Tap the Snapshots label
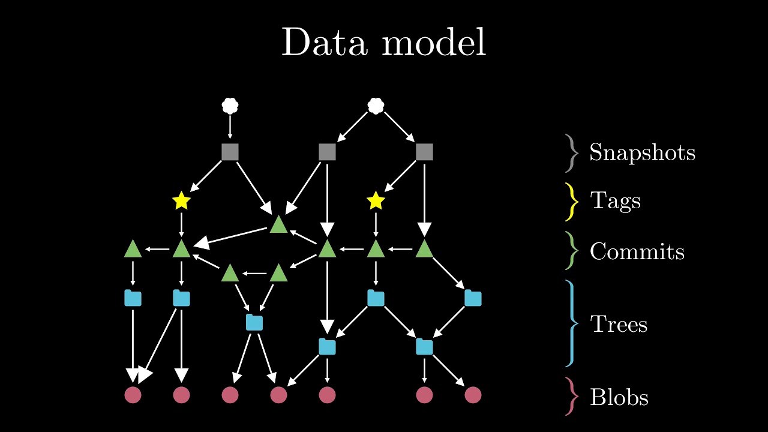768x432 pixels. pyautogui.click(x=642, y=152)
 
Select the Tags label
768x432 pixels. pyautogui.click(x=616, y=200)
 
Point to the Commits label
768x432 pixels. pyautogui.click(x=637, y=251)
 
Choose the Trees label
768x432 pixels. pyautogui.click(x=619, y=324)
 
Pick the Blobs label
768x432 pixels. pyautogui.click(x=619, y=397)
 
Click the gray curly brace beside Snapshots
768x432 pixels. pyautogui.click(x=573, y=153)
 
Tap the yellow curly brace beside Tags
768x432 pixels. pyautogui.click(x=573, y=201)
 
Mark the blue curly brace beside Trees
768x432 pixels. pyautogui.click(x=573, y=324)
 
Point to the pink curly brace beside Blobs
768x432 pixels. pyautogui.click(x=573, y=396)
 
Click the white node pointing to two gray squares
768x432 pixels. pyautogui.click(x=376, y=106)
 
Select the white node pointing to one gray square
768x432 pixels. pyautogui.click(x=230, y=106)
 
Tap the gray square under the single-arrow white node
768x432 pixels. pyautogui.click(x=230, y=152)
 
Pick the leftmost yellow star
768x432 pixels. pyautogui.click(x=181, y=202)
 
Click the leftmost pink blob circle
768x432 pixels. pyautogui.click(x=133, y=395)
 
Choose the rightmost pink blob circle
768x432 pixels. pyautogui.click(x=473, y=395)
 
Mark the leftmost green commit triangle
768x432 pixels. pyautogui.click(x=133, y=249)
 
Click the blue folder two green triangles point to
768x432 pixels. pyautogui.click(x=254, y=323)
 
